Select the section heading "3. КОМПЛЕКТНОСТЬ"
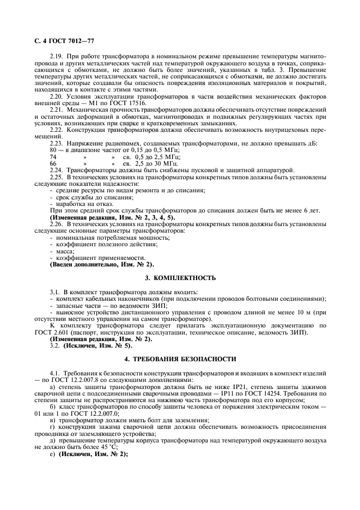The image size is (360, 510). click(x=180, y=278)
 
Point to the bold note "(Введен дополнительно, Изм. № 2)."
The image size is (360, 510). click(x=102, y=265)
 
